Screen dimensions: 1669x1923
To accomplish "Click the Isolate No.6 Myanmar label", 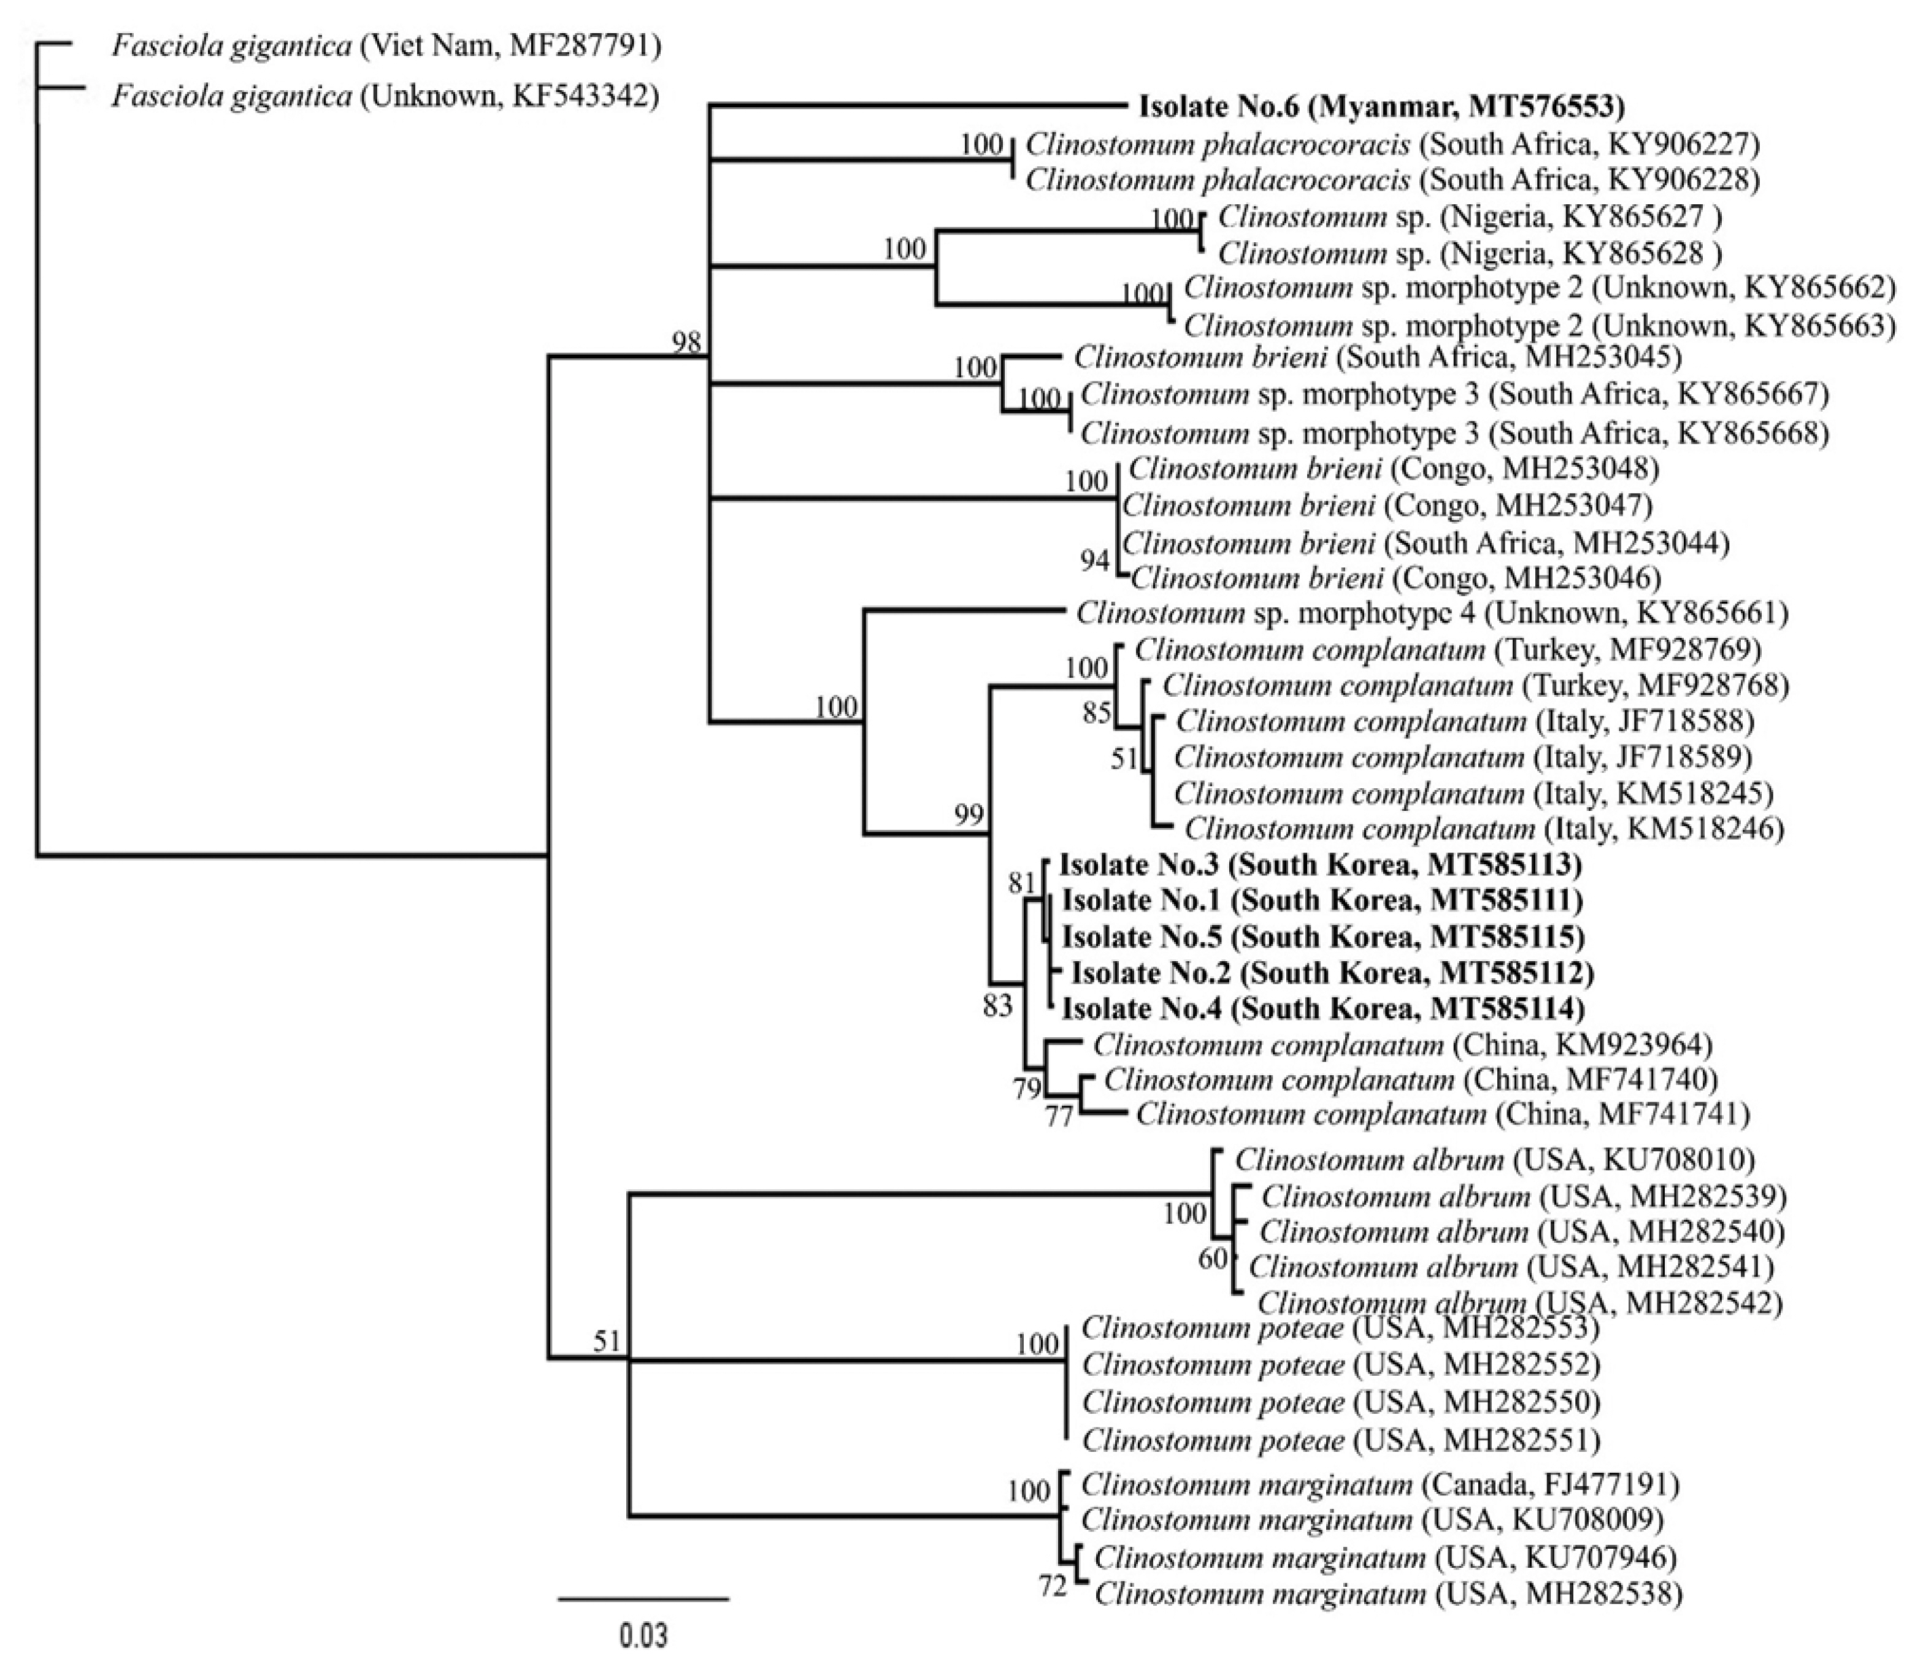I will tap(1381, 107).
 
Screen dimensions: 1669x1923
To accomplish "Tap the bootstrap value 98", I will tap(686, 343).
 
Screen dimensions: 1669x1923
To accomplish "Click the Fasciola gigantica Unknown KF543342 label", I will tap(385, 96).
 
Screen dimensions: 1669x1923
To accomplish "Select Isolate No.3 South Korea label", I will tap(1321, 865).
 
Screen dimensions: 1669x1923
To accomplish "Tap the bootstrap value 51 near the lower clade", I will tap(606, 1341).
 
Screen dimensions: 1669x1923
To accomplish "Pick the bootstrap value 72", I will tap(1053, 1586).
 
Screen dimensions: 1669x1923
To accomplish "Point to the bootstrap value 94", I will tap(1095, 561).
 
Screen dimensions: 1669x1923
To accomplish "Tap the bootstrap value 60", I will tap(1213, 1259).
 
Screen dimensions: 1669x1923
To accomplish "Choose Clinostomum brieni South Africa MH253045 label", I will tap(1377, 358).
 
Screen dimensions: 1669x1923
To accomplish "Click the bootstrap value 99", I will tap(969, 816).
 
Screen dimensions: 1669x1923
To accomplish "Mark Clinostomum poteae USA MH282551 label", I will tap(1340, 1441).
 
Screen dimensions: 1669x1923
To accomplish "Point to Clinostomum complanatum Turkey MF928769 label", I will tap(1447, 649).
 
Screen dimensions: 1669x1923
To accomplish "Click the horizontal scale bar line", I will tap(643, 1599).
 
